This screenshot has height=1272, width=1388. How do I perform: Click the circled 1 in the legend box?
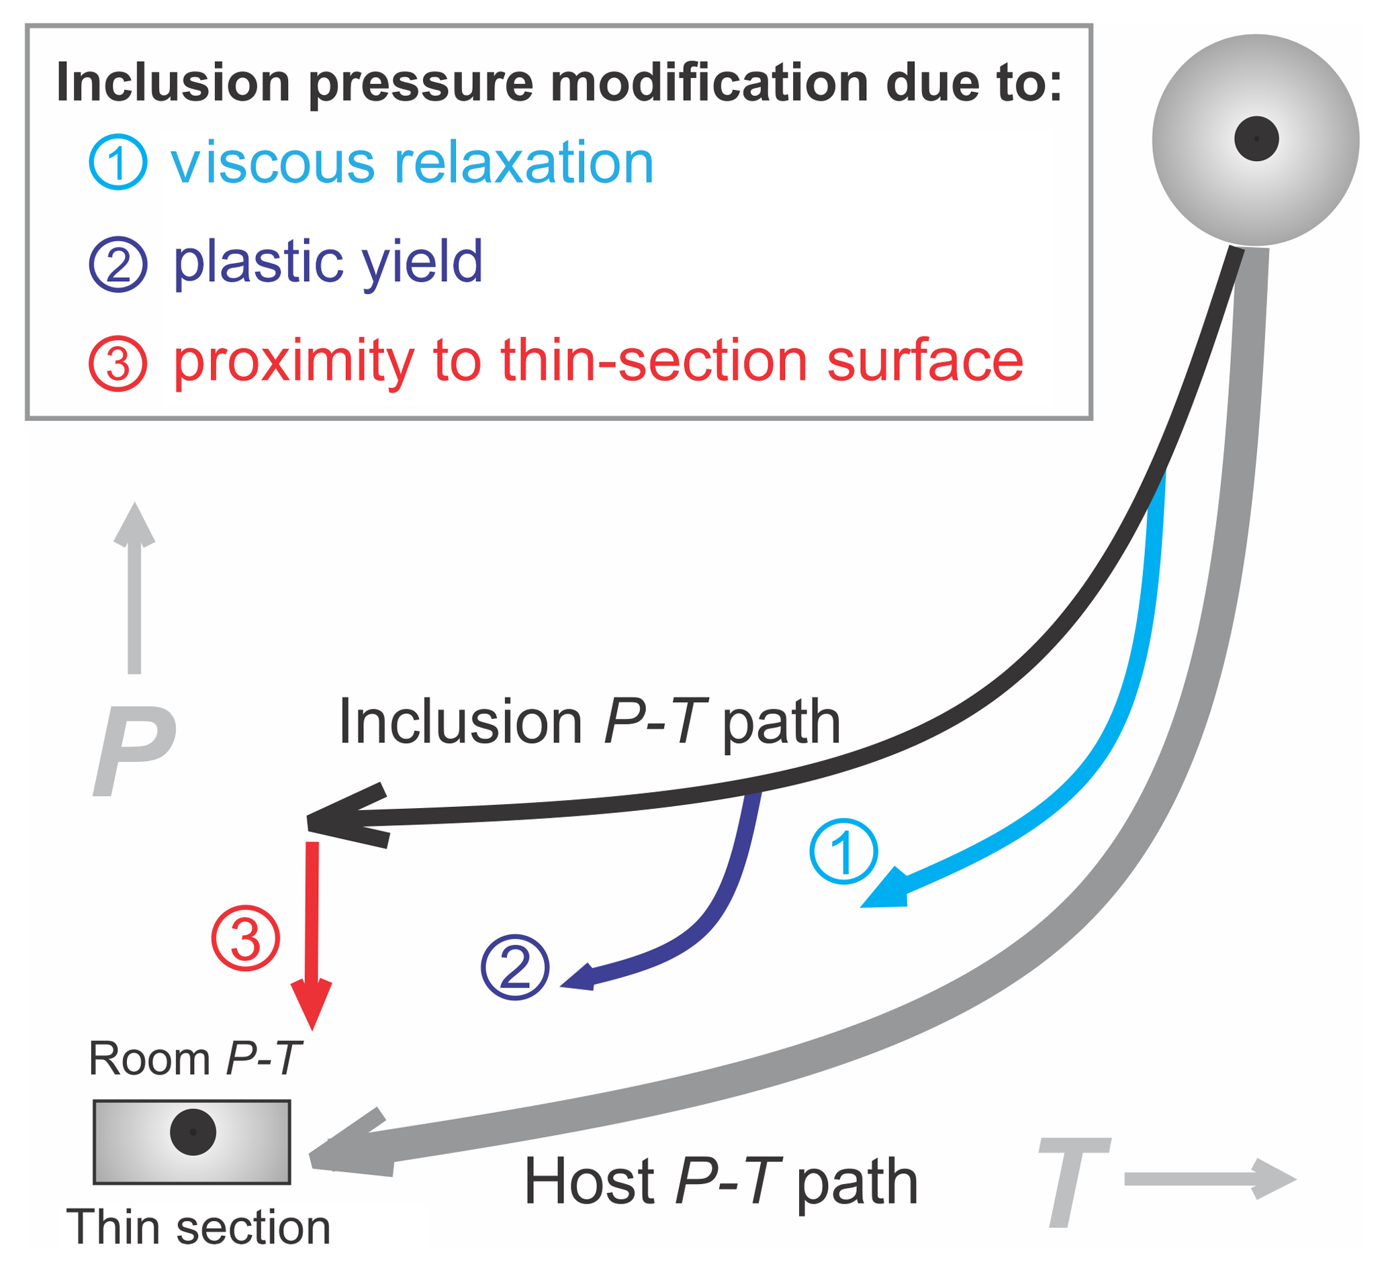point(118,162)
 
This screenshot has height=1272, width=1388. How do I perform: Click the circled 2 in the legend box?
point(118,264)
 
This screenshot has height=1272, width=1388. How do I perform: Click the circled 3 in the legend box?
point(118,363)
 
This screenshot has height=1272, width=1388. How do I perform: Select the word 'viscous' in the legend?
point(273,164)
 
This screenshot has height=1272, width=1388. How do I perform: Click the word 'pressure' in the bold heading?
point(420,84)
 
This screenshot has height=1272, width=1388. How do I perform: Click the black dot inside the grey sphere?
point(1256,139)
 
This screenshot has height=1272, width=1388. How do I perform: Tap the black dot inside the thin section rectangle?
point(193,1132)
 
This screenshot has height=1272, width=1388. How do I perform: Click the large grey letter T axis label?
point(1074,1182)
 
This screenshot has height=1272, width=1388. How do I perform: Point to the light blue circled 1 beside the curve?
point(843,851)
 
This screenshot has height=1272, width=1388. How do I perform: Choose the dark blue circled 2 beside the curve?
point(515,967)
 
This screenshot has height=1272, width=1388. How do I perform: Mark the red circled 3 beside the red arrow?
point(245,939)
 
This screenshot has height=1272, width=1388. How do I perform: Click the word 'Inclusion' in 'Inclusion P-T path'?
point(461,723)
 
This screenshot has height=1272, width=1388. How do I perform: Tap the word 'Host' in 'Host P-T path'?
point(590,1181)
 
